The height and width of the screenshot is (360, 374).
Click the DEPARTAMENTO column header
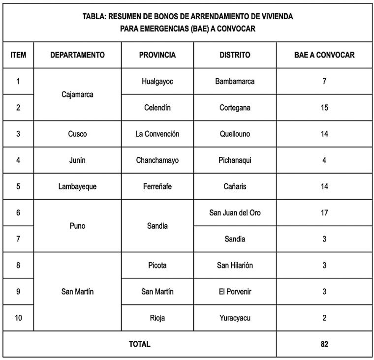(77, 55)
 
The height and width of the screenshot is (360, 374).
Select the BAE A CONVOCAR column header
(324, 55)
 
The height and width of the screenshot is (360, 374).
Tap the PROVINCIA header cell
(157, 55)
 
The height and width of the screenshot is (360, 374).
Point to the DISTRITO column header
(235, 55)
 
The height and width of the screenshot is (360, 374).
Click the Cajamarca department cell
(77, 94)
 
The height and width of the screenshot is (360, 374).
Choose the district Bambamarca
(235, 81)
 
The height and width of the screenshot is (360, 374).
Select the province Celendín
(157, 108)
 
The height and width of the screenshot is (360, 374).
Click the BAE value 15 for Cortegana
(324, 108)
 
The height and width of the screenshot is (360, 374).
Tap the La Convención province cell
(157, 134)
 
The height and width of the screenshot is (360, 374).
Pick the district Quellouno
(235, 134)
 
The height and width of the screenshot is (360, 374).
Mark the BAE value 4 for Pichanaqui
(324, 160)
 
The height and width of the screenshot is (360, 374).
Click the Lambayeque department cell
(77, 186)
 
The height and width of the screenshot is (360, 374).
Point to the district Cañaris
(235, 186)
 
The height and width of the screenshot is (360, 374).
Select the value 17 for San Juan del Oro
(324, 213)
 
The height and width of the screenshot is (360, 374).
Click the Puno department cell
(77, 226)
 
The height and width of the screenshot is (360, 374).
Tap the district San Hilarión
(235, 266)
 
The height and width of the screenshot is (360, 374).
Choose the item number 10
(18, 318)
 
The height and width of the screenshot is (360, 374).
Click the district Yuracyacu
(235, 318)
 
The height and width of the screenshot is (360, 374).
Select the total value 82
(324, 344)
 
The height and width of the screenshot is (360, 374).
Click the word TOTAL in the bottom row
(140, 344)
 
